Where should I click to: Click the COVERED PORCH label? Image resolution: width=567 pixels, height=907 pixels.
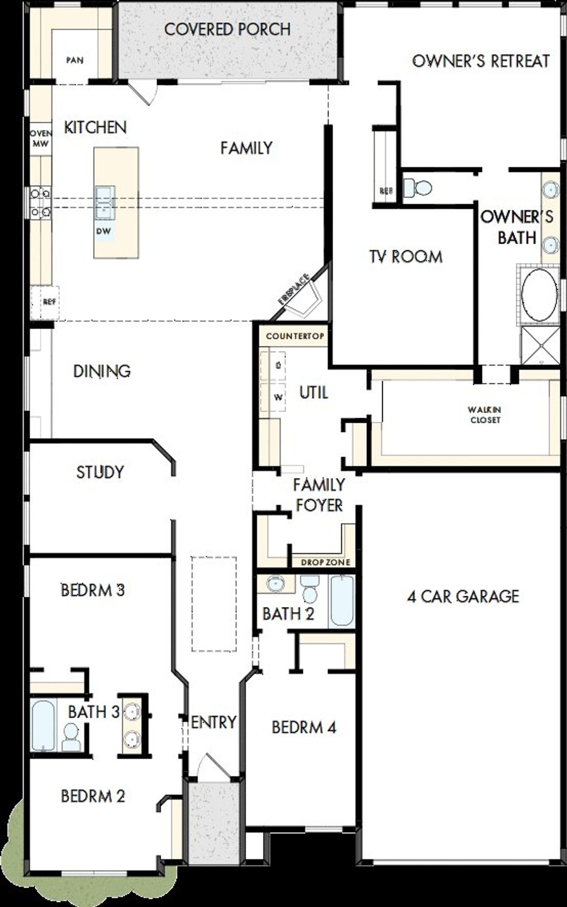pyautogui.click(x=227, y=30)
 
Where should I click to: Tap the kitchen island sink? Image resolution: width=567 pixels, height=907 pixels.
pyautogui.click(x=104, y=202)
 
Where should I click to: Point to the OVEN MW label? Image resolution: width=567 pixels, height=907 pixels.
pyautogui.click(x=41, y=138)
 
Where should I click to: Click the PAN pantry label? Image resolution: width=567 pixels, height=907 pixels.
pyautogui.click(x=75, y=60)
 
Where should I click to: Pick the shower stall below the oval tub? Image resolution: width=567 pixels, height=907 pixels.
pyautogui.click(x=540, y=345)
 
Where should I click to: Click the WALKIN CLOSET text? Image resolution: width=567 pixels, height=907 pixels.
pyautogui.click(x=485, y=415)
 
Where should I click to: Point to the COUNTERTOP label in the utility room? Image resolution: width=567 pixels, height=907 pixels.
pyautogui.click(x=295, y=336)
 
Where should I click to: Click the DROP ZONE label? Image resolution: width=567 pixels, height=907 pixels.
pyautogui.click(x=325, y=562)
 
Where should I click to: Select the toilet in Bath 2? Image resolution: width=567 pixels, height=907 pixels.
pyautogui.click(x=309, y=589)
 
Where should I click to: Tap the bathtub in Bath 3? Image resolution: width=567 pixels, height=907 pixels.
pyautogui.click(x=43, y=725)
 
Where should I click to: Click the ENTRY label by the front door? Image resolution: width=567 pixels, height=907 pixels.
pyautogui.click(x=214, y=722)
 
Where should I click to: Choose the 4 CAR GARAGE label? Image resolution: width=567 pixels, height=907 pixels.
pyautogui.click(x=463, y=596)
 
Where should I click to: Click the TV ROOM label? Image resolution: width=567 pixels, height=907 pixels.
pyautogui.click(x=406, y=257)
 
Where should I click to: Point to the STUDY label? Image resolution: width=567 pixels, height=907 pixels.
pyautogui.click(x=100, y=472)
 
